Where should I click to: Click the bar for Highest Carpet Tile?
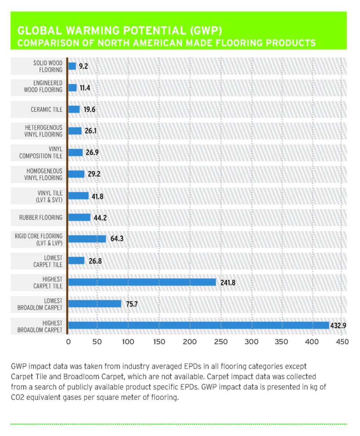[142, 282]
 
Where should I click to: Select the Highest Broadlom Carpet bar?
[198, 325]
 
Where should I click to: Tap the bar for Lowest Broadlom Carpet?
[95, 304]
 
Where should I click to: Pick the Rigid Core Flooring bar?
[87, 239]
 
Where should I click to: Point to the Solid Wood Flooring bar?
[72, 66]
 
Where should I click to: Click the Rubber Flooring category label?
[41, 217]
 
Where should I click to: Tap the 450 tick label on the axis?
[342, 342]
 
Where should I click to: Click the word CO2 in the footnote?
[18, 397]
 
